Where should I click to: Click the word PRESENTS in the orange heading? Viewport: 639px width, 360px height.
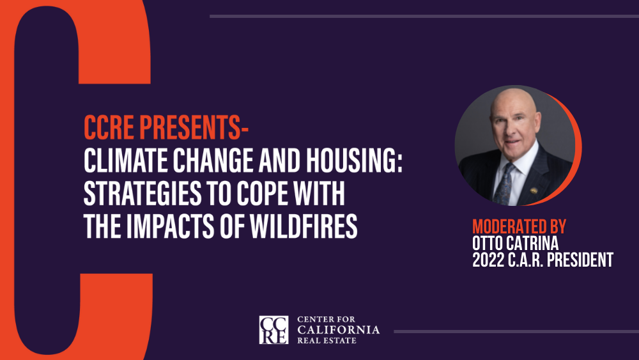194,127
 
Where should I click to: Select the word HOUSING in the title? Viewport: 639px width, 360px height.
354,160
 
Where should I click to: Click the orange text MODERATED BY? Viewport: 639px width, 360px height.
519,227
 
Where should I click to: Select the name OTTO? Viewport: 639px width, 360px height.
488,244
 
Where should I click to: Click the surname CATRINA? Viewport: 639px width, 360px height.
532,244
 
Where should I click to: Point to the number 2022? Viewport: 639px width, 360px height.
488,260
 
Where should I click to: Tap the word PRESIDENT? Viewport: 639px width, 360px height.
580,260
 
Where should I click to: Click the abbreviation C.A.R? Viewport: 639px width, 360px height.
526,260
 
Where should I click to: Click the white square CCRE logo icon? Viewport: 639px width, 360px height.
274,330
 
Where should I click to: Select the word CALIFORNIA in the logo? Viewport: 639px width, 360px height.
338,329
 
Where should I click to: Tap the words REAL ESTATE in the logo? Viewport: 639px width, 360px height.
327,340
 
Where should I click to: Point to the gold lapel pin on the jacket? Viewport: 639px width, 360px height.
534,190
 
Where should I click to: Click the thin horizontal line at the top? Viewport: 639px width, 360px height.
424,17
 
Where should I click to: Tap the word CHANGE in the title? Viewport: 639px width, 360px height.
214,160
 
